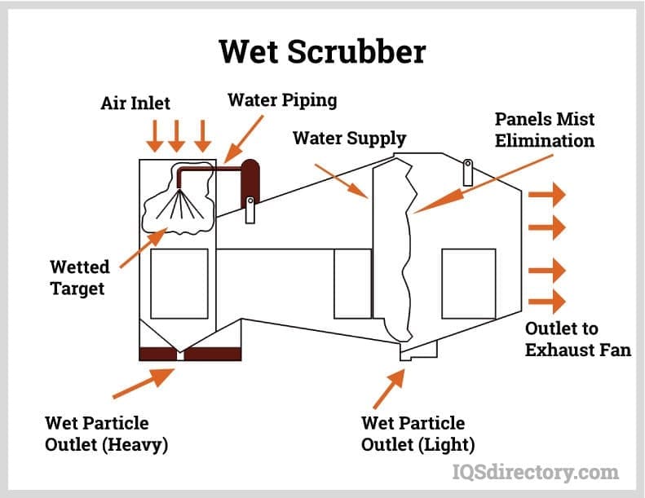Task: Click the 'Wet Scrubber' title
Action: [323, 51]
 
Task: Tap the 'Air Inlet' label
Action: [135, 103]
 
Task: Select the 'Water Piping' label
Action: [282, 100]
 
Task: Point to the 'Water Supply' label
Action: [349, 139]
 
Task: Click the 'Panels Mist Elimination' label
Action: [545, 130]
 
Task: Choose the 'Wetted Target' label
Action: [80, 278]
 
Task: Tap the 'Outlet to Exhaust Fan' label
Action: [578, 339]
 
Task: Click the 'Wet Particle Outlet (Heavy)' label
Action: [107, 434]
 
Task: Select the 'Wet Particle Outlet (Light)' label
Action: [418, 434]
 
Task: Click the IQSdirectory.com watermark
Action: [536, 472]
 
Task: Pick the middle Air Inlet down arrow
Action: [177, 135]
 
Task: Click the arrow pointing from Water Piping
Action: [244, 139]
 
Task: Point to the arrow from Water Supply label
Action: [341, 181]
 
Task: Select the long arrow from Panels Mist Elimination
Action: [483, 184]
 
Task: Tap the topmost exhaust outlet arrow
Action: [546, 195]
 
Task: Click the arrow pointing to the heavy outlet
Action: [144, 383]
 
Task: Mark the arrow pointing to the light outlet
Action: [389, 389]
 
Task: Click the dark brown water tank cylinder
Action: [250, 183]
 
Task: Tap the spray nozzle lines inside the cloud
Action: [179, 203]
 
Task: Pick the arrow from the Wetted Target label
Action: [144, 248]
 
